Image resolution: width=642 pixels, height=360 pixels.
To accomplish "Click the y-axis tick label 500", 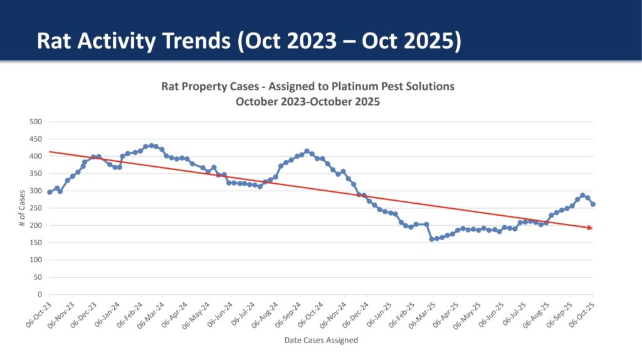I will [x=35, y=122].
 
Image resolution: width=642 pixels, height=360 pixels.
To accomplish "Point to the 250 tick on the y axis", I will [x=35, y=208].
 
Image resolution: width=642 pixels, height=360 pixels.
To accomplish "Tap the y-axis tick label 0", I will [x=39, y=294].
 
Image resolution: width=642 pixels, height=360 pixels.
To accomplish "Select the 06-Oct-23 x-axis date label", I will [x=39, y=311].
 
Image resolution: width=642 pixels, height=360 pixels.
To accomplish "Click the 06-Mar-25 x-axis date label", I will [x=423, y=311].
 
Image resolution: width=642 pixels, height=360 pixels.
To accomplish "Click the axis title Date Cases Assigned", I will [x=321, y=340].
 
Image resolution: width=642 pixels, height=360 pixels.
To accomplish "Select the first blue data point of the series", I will [x=50, y=192].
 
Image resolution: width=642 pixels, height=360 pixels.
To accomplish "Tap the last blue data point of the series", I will [x=593, y=204].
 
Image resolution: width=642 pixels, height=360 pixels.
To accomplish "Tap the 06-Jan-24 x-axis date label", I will [x=107, y=311].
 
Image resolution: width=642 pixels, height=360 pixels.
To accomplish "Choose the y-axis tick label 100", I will [x=35, y=260].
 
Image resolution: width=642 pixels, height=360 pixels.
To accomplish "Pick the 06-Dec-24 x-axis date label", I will [x=355, y=311].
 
